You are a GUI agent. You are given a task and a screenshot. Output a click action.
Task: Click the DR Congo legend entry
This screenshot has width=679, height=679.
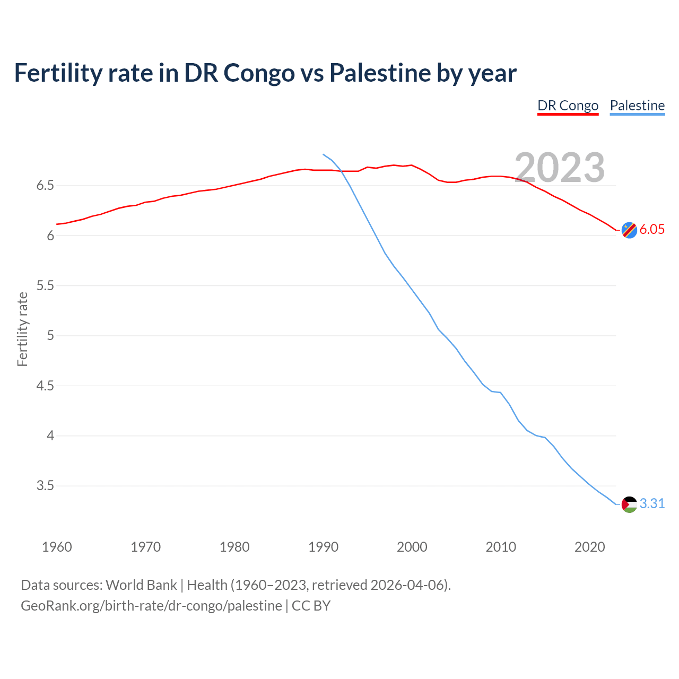click(x=568, y=106)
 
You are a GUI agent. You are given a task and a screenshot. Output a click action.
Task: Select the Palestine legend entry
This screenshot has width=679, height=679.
click(x=637, y=106)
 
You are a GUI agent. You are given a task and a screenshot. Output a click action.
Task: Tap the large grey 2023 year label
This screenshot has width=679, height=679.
click(x=560, y=168)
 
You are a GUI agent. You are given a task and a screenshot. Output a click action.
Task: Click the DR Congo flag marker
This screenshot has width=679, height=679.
click(x=629, y=230)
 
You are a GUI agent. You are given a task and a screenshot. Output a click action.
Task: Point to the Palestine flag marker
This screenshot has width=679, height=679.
click(x=629, y=504)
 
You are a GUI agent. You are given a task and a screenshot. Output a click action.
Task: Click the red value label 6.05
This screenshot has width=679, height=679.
click(x=652, y=230)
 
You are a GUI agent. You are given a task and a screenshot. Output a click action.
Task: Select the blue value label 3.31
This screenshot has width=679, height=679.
click(x=652, y=504)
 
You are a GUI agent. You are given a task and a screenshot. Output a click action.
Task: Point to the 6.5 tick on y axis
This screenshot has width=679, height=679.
click(x=45, y=186)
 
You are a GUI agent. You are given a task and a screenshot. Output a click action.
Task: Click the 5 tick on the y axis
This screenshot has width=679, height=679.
click(x=50, y=336)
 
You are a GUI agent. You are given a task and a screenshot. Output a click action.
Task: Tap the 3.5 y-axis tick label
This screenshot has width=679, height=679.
click(x=45, y=486)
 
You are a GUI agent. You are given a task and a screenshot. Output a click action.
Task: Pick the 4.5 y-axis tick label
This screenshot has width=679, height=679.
click(x=45, y=386)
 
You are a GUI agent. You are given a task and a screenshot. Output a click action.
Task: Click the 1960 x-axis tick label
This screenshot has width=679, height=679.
click(x=57, y=547)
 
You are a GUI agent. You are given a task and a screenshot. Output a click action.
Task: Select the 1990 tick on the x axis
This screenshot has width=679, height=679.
click(x=323, y=547)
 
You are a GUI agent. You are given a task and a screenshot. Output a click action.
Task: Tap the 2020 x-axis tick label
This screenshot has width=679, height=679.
click(x=589, y=547)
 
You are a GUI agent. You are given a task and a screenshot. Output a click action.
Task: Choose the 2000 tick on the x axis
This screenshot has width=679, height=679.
click(x=412, y=547)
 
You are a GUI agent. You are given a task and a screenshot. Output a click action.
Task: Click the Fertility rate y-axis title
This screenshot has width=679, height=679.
click(x=22, y=329)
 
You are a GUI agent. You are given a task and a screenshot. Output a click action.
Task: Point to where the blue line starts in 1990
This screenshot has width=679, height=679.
click(x=324, y=154)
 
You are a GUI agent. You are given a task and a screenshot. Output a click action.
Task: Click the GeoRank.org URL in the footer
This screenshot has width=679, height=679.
click(x=151, y=606)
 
